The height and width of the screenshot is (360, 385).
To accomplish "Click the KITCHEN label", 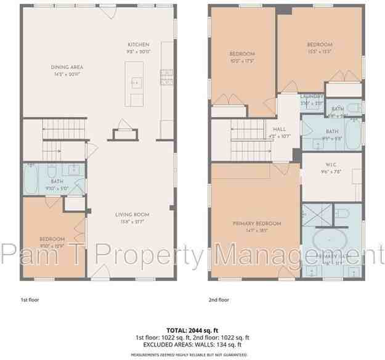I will [138, 45].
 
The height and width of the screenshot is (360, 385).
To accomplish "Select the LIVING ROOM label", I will [132, 215].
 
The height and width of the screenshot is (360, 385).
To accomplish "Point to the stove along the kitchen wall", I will [166, 76].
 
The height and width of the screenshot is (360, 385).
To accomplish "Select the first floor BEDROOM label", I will [52, 239].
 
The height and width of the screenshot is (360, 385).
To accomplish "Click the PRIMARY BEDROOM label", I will [256, 223].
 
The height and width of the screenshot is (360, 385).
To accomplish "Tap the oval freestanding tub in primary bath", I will [331, 240].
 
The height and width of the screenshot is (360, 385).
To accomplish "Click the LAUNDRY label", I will [311, 97].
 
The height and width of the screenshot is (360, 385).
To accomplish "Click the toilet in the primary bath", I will [342, 213].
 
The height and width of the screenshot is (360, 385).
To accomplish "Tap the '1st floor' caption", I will [30, 300].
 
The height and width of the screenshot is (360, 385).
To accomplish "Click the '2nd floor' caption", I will [219, 300].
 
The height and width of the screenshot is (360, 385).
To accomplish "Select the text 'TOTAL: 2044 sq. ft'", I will [192, 331].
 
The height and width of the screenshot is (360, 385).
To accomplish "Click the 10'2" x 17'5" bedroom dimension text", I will [242, 61].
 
